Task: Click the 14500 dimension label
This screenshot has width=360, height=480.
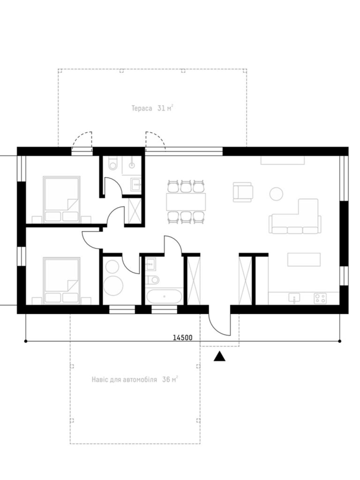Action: click(182, 337)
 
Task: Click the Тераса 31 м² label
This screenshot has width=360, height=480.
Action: click(153, 108)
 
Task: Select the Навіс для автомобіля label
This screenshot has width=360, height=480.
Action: click(124, 379)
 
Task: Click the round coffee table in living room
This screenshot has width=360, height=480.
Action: click(276, 193)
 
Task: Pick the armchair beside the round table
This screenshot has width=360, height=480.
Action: click(243, 192)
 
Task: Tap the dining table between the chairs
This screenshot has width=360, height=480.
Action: click(186, 202)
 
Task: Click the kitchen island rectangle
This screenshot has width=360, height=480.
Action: click(304, 259)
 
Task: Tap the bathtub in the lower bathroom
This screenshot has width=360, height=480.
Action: click(164, 296)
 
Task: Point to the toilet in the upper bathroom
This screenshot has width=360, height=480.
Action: click(113, 163)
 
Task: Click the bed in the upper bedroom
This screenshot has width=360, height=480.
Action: click(61, 200)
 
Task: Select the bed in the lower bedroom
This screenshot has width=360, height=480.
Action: click(61, 281)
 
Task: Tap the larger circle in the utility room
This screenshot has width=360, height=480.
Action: click(113, 286)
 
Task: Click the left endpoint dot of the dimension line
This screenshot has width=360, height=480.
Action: click(26, 341)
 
